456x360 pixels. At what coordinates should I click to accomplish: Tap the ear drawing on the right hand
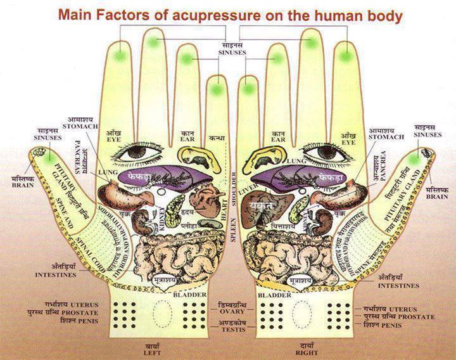tap(278, 152)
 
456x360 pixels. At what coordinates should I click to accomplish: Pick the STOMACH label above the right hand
tap(386, 136)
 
